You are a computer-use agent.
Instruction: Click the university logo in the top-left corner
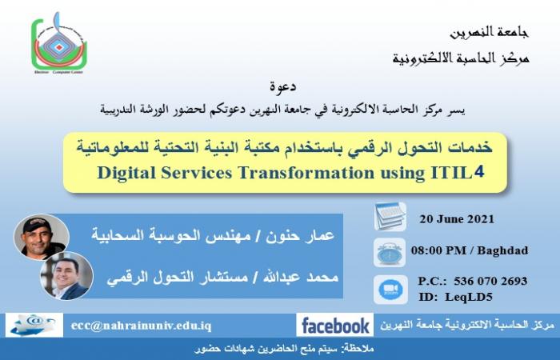pyautogui.click(x=59, y=43)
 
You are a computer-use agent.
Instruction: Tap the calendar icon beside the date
pyautogui.click(x=390, y=217)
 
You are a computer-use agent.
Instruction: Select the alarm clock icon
pyautogui.click(x=390, y=253)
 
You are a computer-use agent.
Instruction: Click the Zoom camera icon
pyautogui.click(x=390, y=290)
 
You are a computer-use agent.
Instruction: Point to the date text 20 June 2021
pyautogui.click(x=457, y=219)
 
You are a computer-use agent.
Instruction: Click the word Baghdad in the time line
pyautogui.click(x=502, y=250)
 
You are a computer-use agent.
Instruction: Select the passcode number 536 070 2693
pyautogui.click(x=490, y=281)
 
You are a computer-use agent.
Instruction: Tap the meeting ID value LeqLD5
pyautogui.click(x=469, y=297)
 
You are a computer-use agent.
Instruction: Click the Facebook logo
pyautogui.click(x=335, y=326)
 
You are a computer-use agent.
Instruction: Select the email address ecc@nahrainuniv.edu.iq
pyautogui.click(x=141, y=326)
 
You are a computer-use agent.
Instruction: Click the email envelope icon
pyautogui.click(x=34, y=325)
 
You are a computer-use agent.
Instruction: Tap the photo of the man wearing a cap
pyautogui.click(x=42, y=237)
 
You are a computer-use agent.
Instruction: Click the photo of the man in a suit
pyautogui.click(x=66, y=276)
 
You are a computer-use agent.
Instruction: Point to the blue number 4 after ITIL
pyautogui.click(x=478, y=172)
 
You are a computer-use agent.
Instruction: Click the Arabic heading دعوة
pyautogui.click(x=283, y=86)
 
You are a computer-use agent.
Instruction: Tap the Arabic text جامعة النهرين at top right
pyautogui.click(x=489, y=33)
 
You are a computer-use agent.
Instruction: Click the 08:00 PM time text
pyautogui.click(x=438, y=250)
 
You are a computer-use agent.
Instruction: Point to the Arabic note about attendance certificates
pyautogui.click(x=284, y=349)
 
